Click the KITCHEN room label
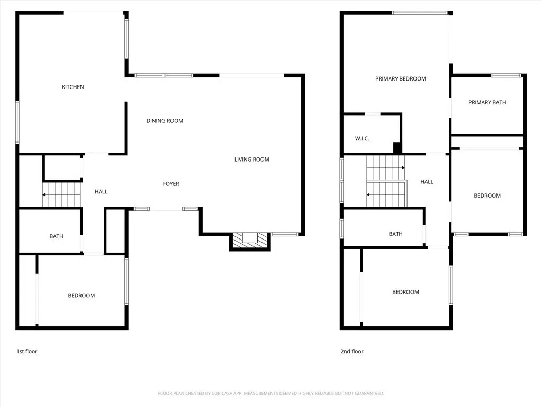[73, 87]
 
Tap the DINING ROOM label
[165, 121]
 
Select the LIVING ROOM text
[251, 160]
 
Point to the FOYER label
[171, 184]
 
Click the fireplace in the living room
[250, 241]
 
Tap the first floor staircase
[61, 194]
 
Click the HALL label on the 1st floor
[101, 191]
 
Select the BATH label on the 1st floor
[56, 236]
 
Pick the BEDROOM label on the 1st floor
[81, 296]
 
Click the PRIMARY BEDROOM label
[401, 79]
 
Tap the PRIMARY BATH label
[487, 102]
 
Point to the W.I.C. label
[362, 139]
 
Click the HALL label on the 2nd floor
[427, 182]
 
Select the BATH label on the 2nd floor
[395, 234]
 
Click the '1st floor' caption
[26, 352]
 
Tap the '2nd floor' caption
[352, 352]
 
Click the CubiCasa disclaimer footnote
[271, 394]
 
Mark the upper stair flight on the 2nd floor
[385, 168]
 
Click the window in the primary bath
[506, 75]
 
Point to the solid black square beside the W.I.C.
[398, 148]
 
